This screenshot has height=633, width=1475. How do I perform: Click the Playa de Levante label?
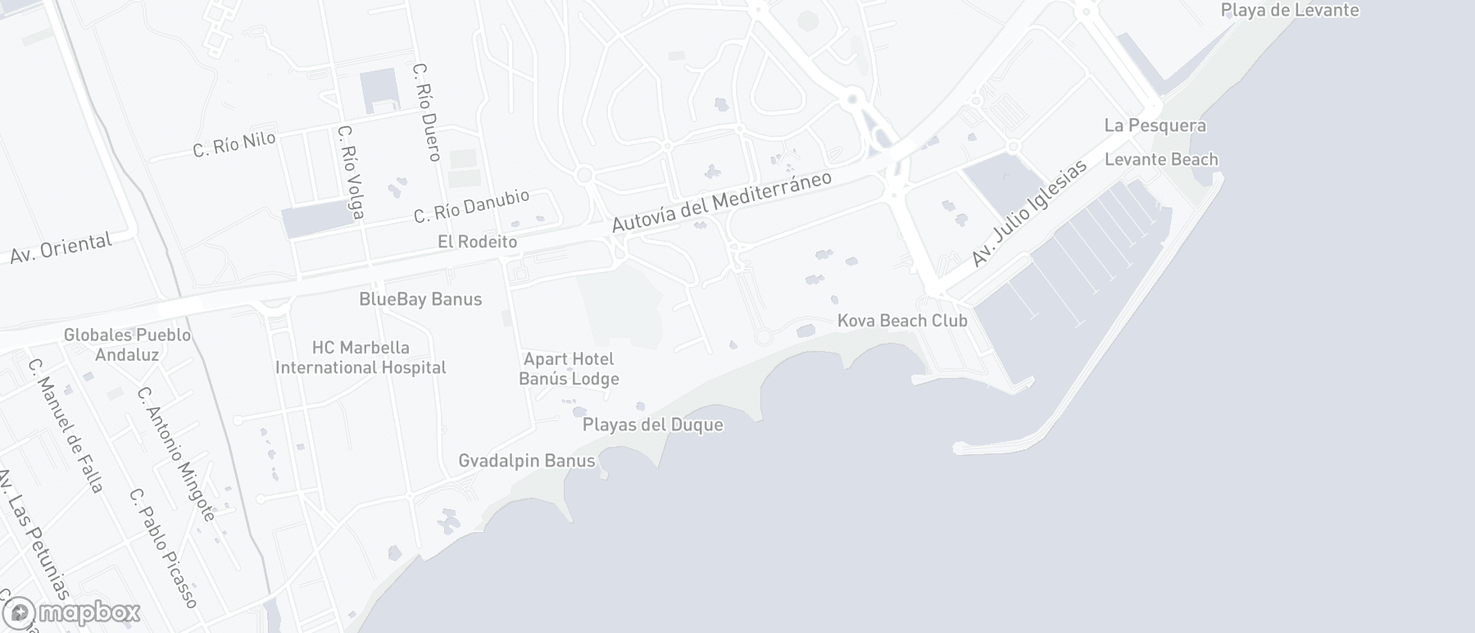[x=1290, y=11]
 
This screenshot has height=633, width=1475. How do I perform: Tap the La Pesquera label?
[x=1155, y=125]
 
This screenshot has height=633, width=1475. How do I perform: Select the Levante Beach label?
[x=1161, y=159]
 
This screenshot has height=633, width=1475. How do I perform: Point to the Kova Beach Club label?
[x=902, y=321]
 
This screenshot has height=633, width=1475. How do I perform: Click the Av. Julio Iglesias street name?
[x=1028, y=212]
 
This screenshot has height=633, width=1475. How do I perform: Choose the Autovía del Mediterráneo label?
[x=722, y=202]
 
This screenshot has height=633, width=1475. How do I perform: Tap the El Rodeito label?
[x=478, y=241]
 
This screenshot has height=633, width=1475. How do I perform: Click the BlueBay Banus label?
[x=420, y=299]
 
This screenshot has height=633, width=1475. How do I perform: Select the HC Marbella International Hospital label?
[x=361, y=357]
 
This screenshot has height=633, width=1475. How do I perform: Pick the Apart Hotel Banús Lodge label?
[x=569, y=369]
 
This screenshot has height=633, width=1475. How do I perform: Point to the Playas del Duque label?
[x=653, y=425]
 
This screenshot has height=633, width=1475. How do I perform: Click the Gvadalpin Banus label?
[x=527, y=461]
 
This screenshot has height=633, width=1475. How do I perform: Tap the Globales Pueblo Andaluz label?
[x=127, y=344]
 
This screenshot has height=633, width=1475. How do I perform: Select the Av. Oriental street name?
[x=61, y=248]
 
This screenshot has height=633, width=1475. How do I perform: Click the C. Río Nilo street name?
[x=234, y=144]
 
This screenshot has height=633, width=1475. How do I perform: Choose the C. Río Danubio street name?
[x=471, y=206]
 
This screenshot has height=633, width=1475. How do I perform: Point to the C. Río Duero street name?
[x=428, y=112]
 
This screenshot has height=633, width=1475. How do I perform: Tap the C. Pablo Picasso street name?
[x=164, y=549]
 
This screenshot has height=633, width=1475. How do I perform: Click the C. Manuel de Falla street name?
[x=66, y=426]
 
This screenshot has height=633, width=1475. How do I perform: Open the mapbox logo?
[x=72, y=613]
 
